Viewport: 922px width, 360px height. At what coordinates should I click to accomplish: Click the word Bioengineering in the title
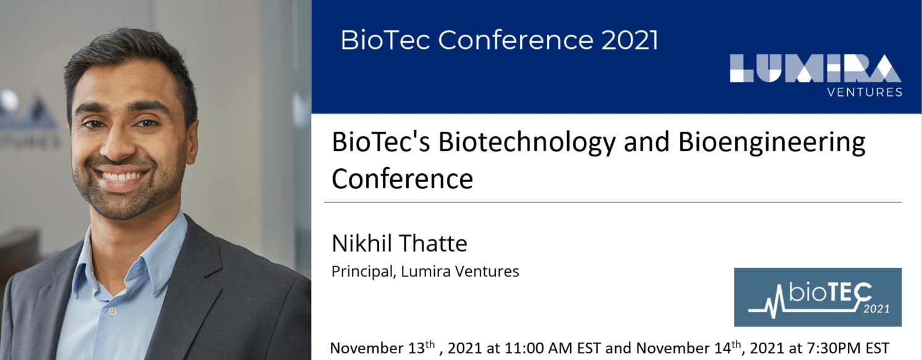point(772,143)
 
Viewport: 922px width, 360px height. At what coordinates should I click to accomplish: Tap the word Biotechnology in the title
point(527,143)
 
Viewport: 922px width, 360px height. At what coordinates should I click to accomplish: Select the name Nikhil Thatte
point(399,243)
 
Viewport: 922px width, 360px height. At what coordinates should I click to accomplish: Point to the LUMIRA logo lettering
point(816,69)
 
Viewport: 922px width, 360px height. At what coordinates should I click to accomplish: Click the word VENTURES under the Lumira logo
point(864,92)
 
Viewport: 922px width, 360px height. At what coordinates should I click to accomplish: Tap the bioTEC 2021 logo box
point(818,297)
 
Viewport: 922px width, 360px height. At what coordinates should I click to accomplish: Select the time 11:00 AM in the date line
point(538,348)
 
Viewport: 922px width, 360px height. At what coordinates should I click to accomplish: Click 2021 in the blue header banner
point(630,40)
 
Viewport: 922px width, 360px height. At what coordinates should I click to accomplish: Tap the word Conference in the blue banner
point(516,40)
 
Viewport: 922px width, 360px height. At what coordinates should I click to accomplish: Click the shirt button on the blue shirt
point(113,312)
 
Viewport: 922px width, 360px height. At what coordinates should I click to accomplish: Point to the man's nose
point(117,144)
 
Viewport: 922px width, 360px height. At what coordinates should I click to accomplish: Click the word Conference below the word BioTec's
point(402,179)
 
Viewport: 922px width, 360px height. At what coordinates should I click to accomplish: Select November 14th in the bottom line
point(689,348)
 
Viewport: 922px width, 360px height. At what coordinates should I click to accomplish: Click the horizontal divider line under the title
point(613,202)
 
